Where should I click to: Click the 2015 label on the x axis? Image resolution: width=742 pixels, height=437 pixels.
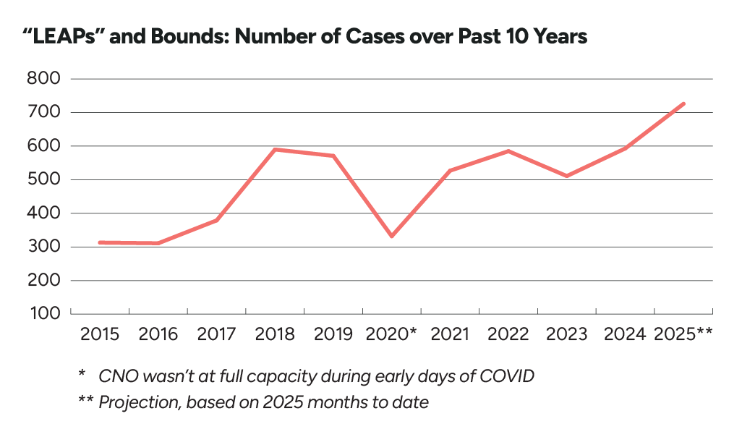[x=100, y=334]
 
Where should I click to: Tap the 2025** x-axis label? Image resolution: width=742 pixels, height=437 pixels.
[x=683, y=334]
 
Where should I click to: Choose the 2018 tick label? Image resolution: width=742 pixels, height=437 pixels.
[x=275, y=334]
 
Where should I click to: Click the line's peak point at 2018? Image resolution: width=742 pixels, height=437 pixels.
[x=275, y=150]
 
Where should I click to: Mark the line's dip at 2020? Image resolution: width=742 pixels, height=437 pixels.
[x=392, y=236]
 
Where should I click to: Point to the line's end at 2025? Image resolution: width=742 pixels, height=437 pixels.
[x=683, y=103]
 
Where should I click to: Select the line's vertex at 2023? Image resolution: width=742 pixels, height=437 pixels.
[x=566, y=176]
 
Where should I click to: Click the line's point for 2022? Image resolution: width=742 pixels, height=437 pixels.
[x=508, y=151]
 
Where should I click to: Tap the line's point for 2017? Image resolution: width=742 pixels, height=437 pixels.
[x=216, y=220]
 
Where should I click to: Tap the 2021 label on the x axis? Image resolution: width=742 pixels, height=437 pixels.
[x=450, y=334]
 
